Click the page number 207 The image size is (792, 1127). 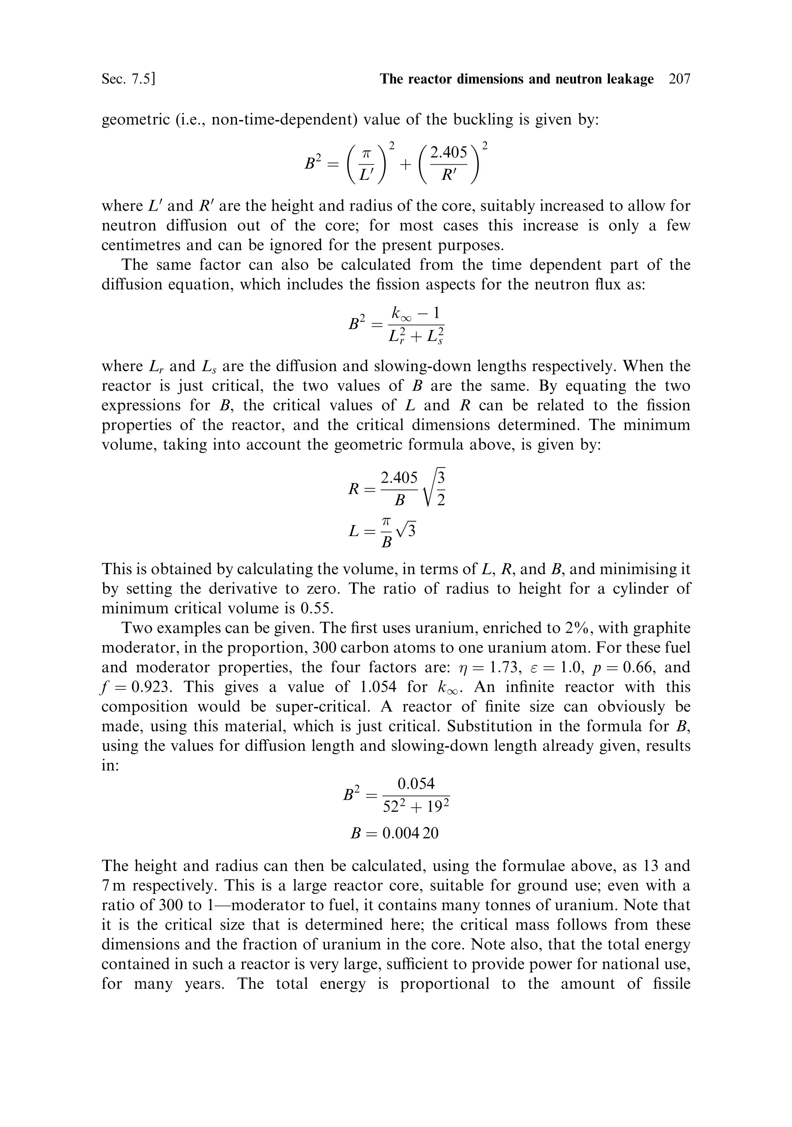click(x=679, y=79)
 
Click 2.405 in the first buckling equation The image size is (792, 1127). click(x=449, y=153)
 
